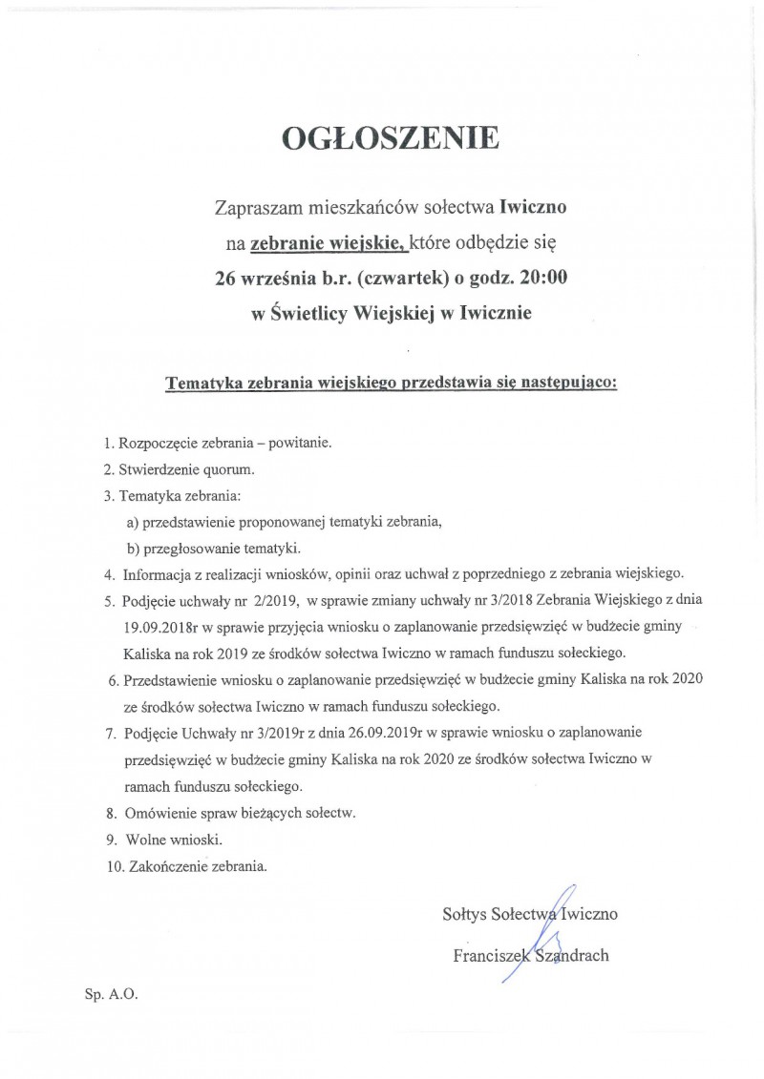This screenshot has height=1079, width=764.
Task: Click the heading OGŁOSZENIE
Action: pyautogui.click(x=391, y=139)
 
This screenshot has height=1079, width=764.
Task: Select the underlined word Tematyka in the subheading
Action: pyautogui.click(x=202, y=384)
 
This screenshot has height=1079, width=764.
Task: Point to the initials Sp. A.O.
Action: pyautogui.click(x=111, y=994)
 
